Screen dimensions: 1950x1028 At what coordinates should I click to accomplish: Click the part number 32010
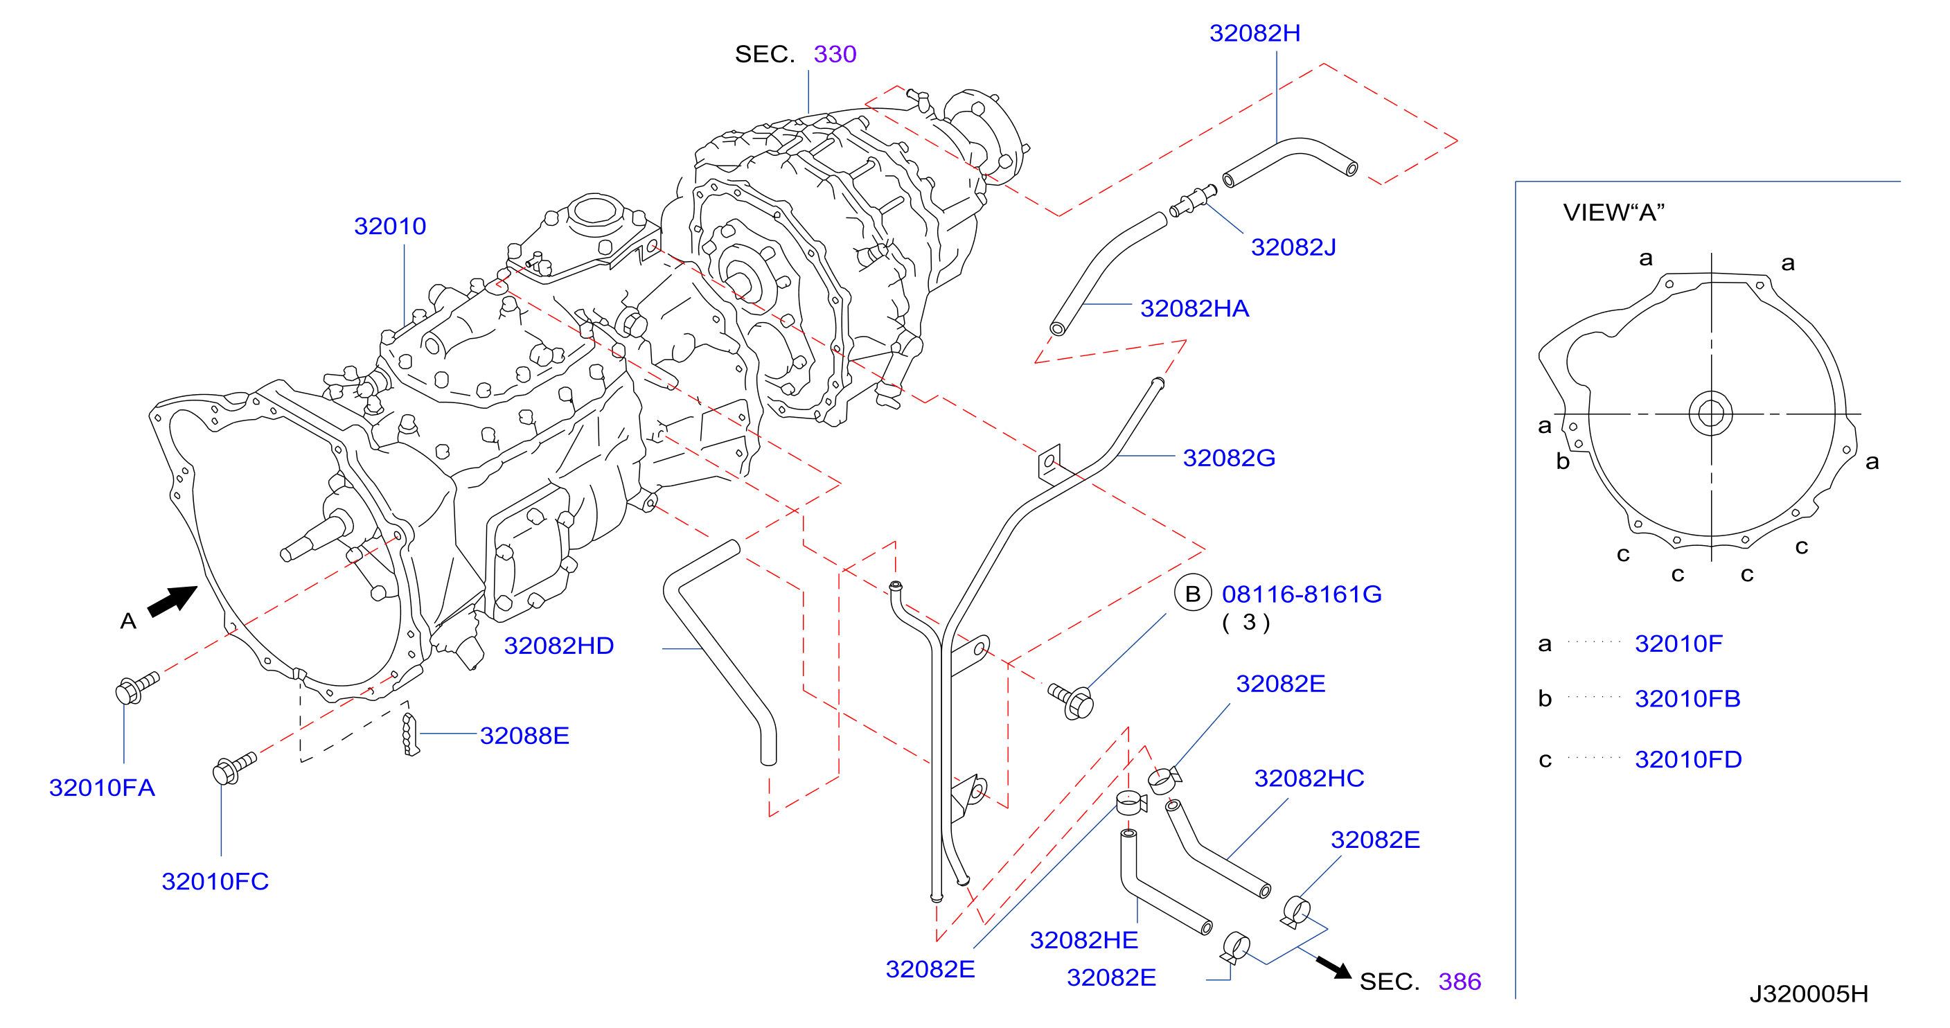point(390,226)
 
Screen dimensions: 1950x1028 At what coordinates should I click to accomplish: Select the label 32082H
point(1255,33)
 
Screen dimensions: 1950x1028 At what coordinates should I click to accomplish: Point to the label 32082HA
point(1194,308)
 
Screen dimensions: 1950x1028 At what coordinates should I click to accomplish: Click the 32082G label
point(1229,458)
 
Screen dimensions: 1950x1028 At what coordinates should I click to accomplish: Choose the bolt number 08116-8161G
point(1302,594)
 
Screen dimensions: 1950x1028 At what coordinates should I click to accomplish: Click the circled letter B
point(1193,594)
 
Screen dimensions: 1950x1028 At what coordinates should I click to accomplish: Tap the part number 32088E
point(524,736)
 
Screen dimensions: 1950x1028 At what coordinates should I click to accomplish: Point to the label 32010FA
point(103,788)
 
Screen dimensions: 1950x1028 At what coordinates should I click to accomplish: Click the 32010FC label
point(215,882)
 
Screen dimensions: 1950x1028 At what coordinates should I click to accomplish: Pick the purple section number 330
point(835,55)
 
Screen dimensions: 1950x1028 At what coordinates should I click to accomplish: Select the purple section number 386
point(1460,982)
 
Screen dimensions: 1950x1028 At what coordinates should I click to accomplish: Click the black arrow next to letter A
point(172,601)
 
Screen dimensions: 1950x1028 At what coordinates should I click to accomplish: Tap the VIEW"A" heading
point(1614,213)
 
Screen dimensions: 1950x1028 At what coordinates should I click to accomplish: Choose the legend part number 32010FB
point(1687,699)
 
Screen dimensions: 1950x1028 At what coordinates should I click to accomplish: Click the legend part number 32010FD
point(1688,759)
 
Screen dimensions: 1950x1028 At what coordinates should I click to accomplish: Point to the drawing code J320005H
point(1809,994)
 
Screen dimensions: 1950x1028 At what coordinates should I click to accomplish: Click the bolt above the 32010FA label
point(137,688)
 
